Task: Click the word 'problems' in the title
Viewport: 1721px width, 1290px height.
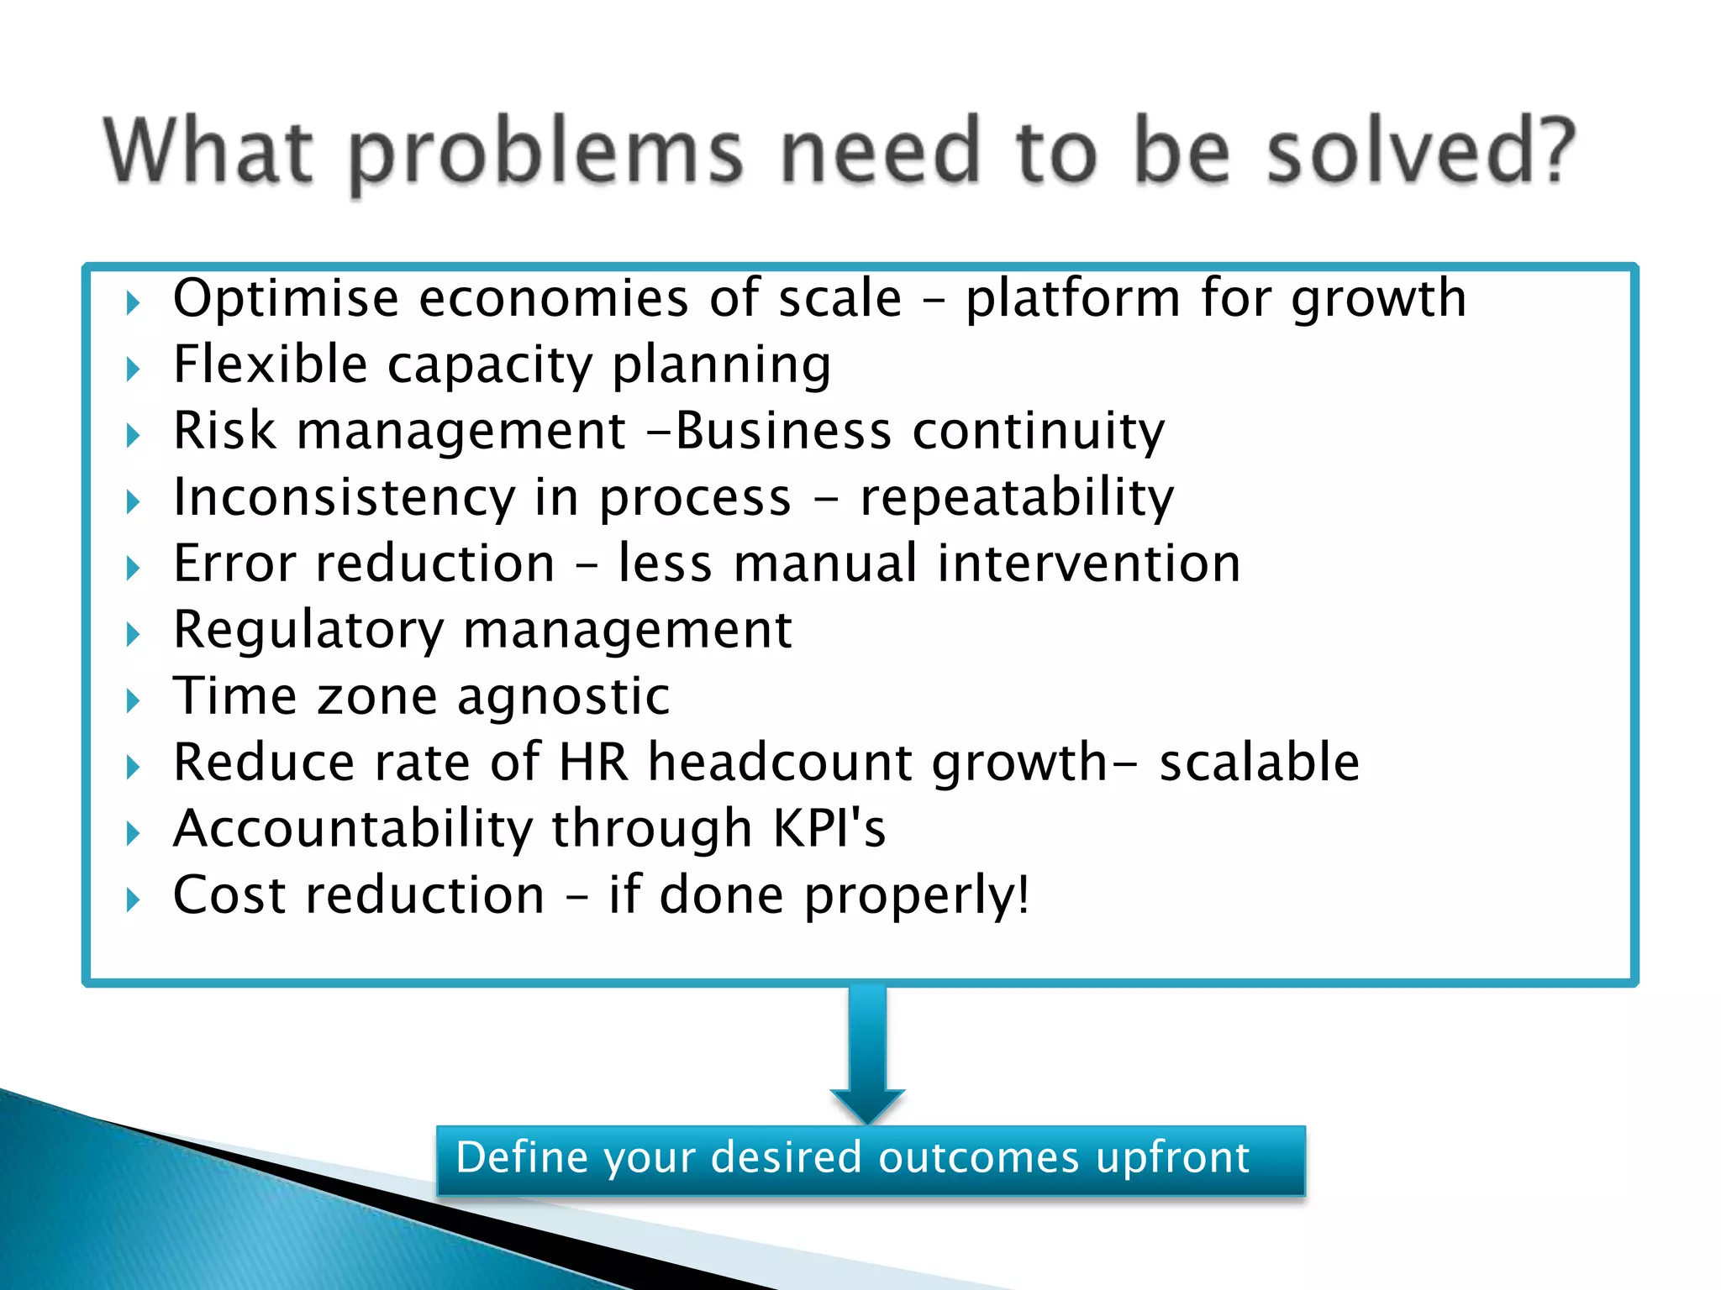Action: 546,154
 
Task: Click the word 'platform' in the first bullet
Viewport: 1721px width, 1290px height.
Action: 1073,300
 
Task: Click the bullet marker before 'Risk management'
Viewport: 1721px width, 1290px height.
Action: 133,435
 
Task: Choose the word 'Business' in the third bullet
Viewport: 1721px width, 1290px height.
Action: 783,431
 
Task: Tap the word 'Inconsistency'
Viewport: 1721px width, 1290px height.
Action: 344,498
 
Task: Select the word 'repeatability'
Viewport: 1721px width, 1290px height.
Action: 1017,498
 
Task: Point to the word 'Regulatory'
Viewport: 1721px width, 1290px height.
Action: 308,631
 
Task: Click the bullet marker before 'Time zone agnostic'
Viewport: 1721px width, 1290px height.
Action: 133,700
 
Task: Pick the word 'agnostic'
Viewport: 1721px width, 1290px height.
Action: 563,697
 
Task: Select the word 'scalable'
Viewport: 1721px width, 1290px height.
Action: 1259,763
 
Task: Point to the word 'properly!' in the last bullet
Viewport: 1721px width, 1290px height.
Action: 917,896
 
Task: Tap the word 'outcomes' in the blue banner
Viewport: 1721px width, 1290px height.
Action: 978,1158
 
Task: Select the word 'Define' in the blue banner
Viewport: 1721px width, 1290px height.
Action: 522,1158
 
